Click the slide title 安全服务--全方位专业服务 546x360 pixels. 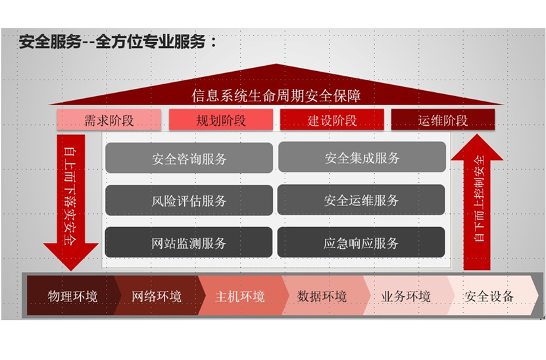point(118,42)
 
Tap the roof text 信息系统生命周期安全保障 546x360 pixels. point(276,95)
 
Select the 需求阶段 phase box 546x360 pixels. point(109,120)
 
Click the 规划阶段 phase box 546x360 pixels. point(221,120)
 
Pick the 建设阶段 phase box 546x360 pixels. point(332,120)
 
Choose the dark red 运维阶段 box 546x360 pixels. point(443,120)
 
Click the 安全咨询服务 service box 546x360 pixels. point(189,158)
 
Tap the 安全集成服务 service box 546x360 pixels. point(362,157)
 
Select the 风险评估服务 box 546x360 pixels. point(189,200)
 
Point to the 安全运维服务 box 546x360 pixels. point(361,200)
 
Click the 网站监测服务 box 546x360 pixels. point(189,243)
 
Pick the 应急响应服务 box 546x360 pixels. point(361,243)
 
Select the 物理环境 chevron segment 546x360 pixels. point(72,296)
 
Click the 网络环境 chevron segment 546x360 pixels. point(157,296)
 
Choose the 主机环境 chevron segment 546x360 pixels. point(240,296)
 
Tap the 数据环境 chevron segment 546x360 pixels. point(322,296)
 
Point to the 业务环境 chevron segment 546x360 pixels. point(406,296)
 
